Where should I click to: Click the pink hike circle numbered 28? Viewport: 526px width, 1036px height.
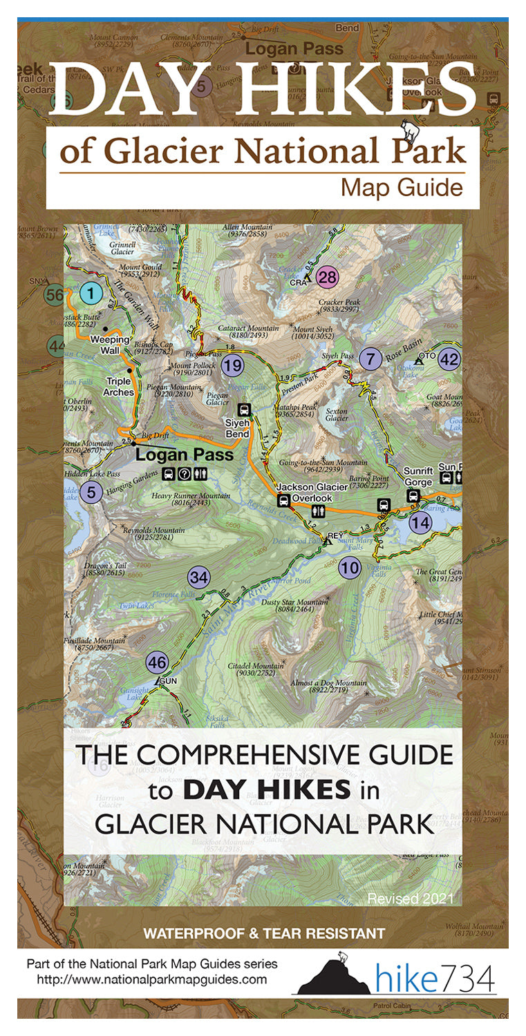pyautogui.click(x=328, y=278)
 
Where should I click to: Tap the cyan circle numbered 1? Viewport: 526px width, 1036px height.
pyautogui.click(x=90, y=294)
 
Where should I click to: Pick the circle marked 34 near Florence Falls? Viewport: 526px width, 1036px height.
pyautogui.click(x=198, y=578)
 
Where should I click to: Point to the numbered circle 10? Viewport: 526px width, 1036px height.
pyautogui.click(x=350, y=568)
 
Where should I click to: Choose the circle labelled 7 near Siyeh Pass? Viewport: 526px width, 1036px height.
pyautogui.click(x=370, y=358)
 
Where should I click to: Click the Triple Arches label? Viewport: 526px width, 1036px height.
pyautogui.click(x=120, y=387)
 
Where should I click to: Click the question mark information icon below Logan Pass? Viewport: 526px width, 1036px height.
pyautogui.click(x=184, y=474)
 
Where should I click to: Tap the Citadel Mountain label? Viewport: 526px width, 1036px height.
pyautogui.click(x=255, y=670)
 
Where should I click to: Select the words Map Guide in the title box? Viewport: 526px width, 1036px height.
pyautogui.click(x=402, y=187)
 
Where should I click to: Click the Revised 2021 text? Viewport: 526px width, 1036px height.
pyautogui.click(x=410, y=899)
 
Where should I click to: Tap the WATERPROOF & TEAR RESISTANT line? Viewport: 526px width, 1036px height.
pyautogui.click(x=263, y=934)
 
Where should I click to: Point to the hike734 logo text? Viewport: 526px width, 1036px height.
pyautogui.click(x=435, y=979)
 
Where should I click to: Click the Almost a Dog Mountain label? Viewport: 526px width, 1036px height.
pyautogui.click(x=328, y=687)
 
